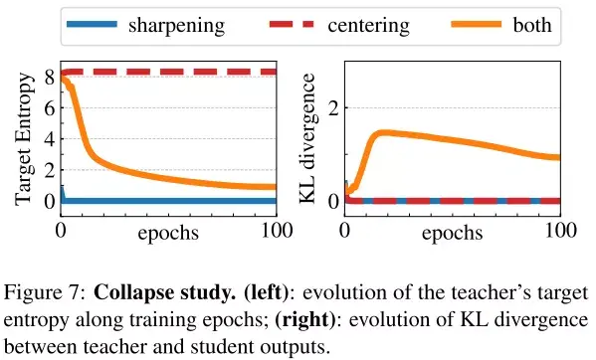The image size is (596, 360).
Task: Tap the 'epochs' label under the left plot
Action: pyautogui.click(x=167, y=234)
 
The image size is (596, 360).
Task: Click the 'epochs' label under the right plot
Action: pyautogui.click(x=452, y=234)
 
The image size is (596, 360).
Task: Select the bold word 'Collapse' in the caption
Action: pyautogui.click(x=132, y=294)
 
